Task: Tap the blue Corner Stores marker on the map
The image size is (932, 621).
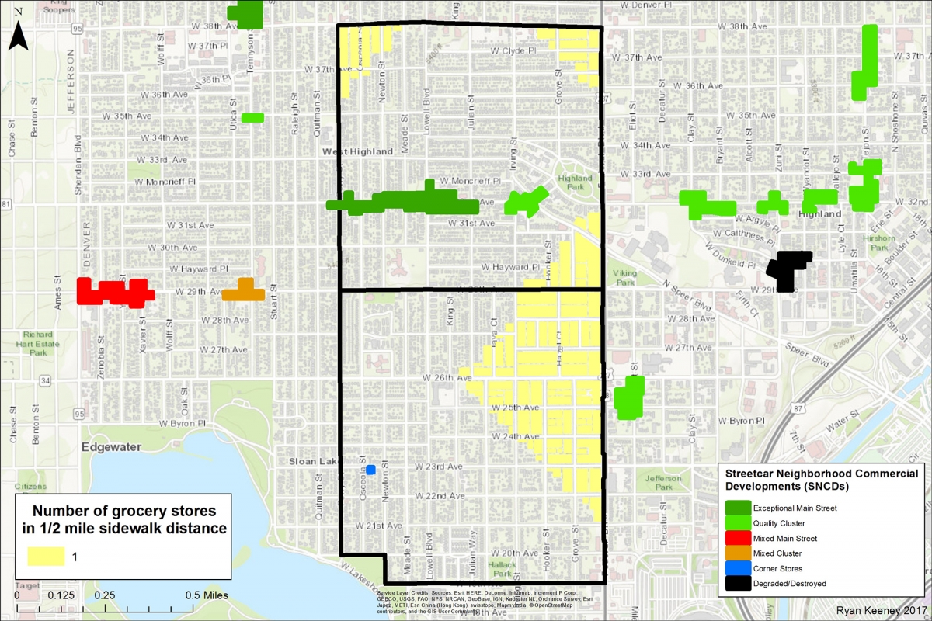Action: tap(370, 469)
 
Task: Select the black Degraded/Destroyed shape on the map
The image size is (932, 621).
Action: tap(788, 269)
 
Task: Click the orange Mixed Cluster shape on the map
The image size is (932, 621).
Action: tap(243, 291)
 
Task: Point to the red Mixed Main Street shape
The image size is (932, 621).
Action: tap(114, 292)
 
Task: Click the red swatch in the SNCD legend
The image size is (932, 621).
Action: tap(736, 538)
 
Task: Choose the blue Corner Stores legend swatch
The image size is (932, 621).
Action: tap(736, 568)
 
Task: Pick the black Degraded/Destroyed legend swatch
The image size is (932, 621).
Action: tap(736, 583)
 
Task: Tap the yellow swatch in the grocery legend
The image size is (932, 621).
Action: tap(47, 557)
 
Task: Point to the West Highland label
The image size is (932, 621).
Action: tap(358, 151)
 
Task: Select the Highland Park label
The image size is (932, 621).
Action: tap(575, 182)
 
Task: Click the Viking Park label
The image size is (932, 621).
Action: tap(624, 278)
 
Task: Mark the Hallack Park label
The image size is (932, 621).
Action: tap(502, 568)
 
